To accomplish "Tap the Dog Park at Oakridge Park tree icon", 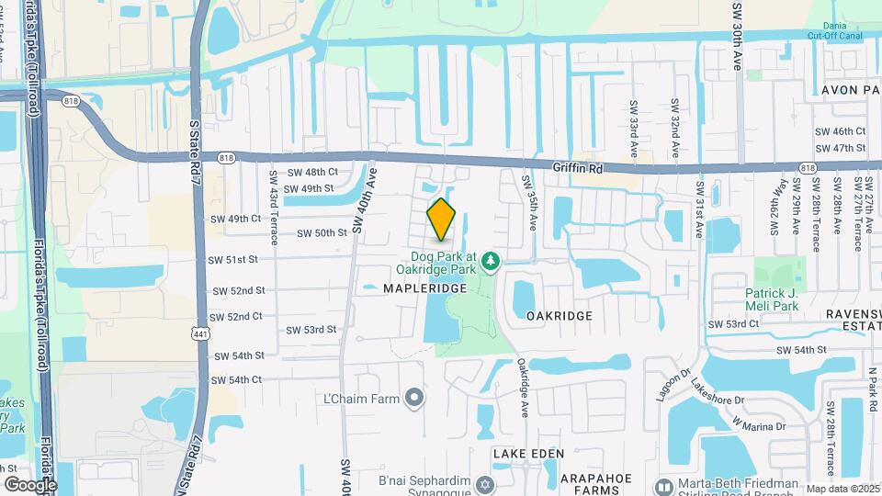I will (491, 263).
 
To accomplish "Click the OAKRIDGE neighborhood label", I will (560, 315).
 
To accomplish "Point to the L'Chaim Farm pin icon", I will (414, 398).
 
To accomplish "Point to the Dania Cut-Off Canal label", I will (834, 30).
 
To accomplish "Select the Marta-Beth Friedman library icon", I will (662, 485).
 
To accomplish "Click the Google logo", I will (29, 485).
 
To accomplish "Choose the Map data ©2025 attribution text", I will (842, 490).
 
